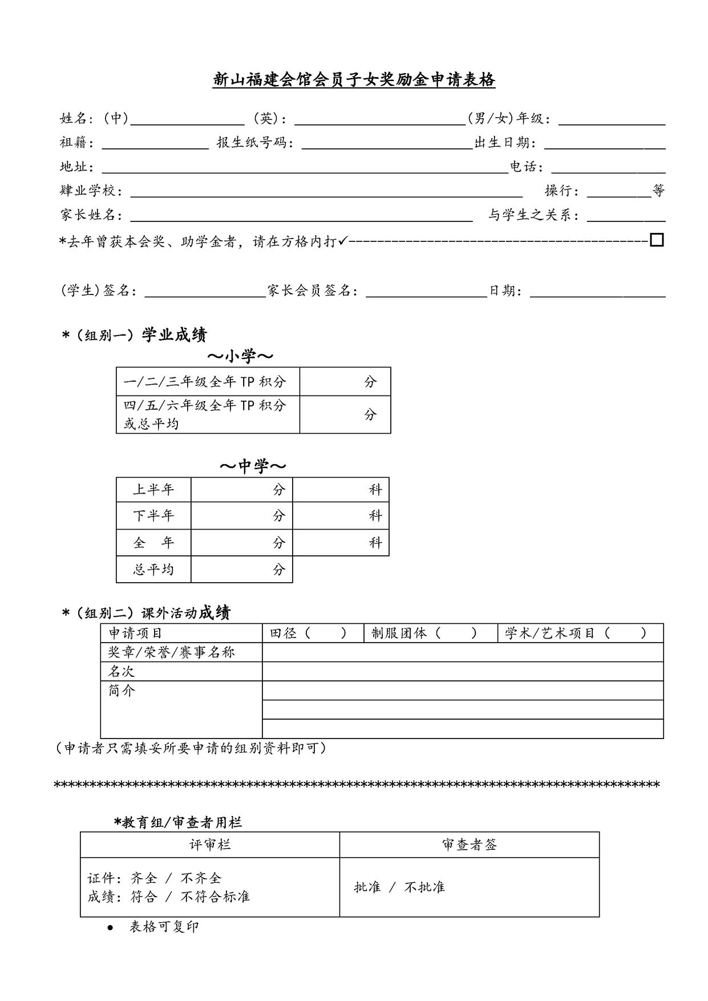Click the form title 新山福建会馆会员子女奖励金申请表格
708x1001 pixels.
point(354,80)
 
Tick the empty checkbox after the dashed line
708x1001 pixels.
point(657,240)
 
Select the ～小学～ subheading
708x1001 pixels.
point(240,357)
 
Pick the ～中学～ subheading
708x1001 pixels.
point(253,466)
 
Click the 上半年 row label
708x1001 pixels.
point(153,490)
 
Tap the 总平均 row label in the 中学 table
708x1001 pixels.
point(153,570)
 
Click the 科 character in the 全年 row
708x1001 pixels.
point(375,542)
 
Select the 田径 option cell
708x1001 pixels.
point(313,633)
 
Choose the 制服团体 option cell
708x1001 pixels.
point(430,633)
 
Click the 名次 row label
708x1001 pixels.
point(122,671)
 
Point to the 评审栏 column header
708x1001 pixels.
point(210,845)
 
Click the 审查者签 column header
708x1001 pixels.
point(469,845)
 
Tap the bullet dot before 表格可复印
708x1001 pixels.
point(110,928)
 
